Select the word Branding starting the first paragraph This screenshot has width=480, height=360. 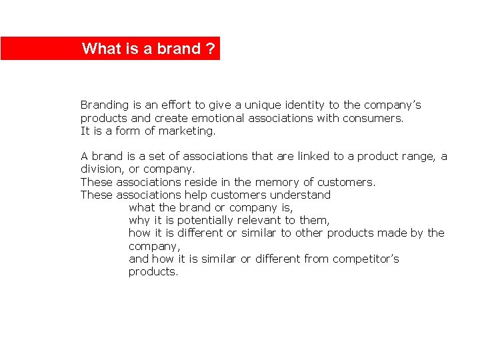pyautogui.click(x=104, y=105)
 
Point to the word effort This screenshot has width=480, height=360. pyautogui.click(x=175, y=105)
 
